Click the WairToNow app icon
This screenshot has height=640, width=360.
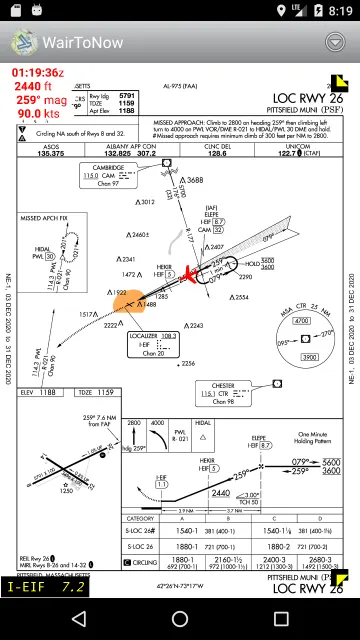(x=23, y=43)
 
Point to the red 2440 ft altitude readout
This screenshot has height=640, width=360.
(x=35, y=86)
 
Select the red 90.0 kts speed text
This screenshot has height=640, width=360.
(x=36, y=114)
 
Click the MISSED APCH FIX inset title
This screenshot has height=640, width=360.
(x=45, y=216)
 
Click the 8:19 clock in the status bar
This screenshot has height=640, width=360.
(x=338, y=12)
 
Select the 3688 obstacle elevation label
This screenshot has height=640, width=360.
(x=193, y=180)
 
